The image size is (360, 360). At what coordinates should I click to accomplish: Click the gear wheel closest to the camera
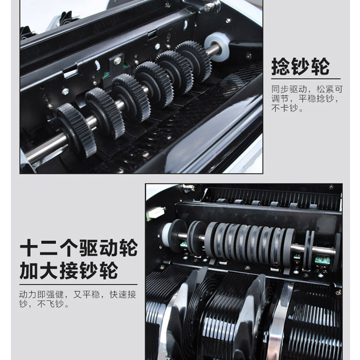(76, 130)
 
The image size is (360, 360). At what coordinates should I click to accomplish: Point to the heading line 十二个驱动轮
(79, 247)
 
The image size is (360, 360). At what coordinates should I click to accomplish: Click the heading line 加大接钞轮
(69, 270)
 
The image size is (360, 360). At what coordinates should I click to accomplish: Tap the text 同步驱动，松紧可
(307, 89)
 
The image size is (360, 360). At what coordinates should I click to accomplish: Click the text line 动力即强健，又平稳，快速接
(78, 294)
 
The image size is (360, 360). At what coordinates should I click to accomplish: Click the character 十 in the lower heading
(29, 247)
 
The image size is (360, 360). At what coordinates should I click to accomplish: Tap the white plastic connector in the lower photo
(156, 212)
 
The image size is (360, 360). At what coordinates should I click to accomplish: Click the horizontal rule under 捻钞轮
(306, 79)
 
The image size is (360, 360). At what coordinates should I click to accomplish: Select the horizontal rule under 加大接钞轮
(78, 285)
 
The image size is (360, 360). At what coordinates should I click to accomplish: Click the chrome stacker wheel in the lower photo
(279, 321)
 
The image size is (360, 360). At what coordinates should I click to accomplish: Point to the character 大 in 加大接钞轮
(49, 270)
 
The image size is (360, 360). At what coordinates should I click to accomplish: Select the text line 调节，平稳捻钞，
(305, 99)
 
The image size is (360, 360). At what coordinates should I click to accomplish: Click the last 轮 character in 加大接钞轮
(109, 270)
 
